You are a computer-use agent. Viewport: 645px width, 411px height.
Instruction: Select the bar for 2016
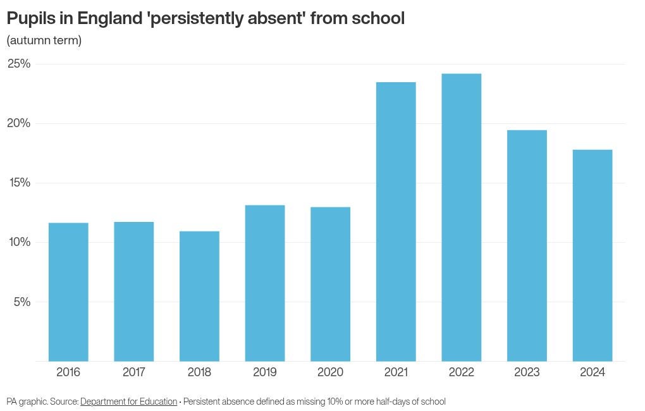tap(68, 292)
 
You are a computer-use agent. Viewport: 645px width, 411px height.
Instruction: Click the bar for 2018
tap(199, 296)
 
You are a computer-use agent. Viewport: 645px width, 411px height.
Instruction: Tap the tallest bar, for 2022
tap(461, 218)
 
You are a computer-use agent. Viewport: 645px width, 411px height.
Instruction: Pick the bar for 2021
tap(396, 221)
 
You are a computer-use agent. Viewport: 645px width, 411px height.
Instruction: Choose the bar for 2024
tap(593, 255)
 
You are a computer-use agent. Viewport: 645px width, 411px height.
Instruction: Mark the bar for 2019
tap(265, 283)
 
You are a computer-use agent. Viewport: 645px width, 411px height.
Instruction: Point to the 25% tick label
tap(19, 64)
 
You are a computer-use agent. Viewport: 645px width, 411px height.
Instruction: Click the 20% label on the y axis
tap(19, 123)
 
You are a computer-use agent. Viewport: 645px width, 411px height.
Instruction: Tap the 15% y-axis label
tap(19, 183)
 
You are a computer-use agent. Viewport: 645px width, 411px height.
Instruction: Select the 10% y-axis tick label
tap(19, 242)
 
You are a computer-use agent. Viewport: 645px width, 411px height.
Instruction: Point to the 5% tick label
tap(22, 302)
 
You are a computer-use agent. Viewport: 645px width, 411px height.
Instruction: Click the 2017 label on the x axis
tap(134, 372)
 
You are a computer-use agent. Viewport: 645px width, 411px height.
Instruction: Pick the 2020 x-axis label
tap(330, 372)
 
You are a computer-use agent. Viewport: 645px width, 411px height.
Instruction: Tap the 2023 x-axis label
tap(527, 372)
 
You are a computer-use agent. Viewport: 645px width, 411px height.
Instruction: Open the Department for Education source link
tap(128, 402)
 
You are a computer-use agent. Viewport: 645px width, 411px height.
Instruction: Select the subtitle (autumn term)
tap(44, 40)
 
